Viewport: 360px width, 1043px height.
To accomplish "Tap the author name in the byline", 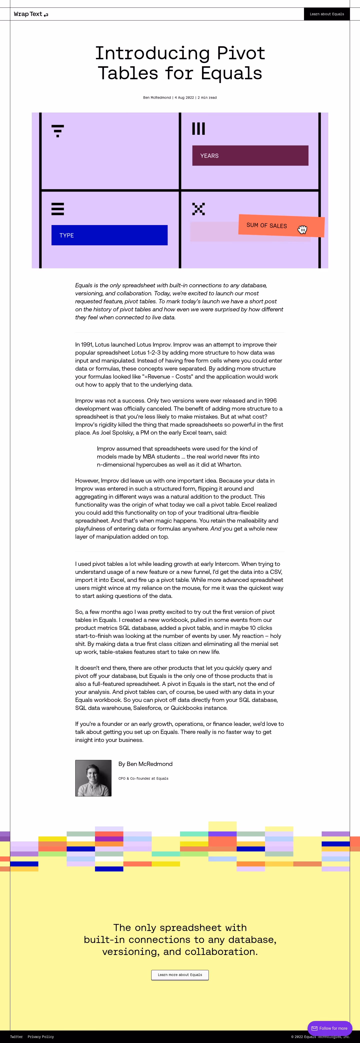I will click(157, 98).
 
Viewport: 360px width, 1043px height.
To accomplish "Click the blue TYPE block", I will click(109, 235).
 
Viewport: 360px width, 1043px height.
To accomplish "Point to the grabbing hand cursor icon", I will click(302, 230).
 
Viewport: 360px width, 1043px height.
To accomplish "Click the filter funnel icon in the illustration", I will click(57, 131).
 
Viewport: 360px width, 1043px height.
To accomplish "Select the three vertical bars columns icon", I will click(198, 129).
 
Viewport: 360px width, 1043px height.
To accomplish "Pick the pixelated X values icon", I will click(198, 209).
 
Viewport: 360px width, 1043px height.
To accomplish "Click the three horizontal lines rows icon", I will click(57, 209).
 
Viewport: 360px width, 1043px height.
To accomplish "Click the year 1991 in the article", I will click(87, 345).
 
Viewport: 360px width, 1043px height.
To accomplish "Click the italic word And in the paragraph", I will click(216, 529).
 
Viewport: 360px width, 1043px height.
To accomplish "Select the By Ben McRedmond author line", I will click(145, 764).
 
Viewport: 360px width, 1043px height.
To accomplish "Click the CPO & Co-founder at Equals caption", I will click(143, 778).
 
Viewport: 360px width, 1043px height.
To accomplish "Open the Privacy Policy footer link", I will click(40, 1037).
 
